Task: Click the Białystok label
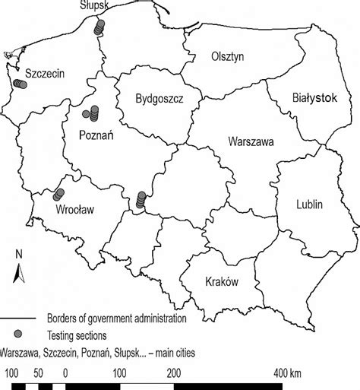coord(314,97)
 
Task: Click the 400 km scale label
coord(289,373)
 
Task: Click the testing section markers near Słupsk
coord(98,27)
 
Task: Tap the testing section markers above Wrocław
coord(58,195)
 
